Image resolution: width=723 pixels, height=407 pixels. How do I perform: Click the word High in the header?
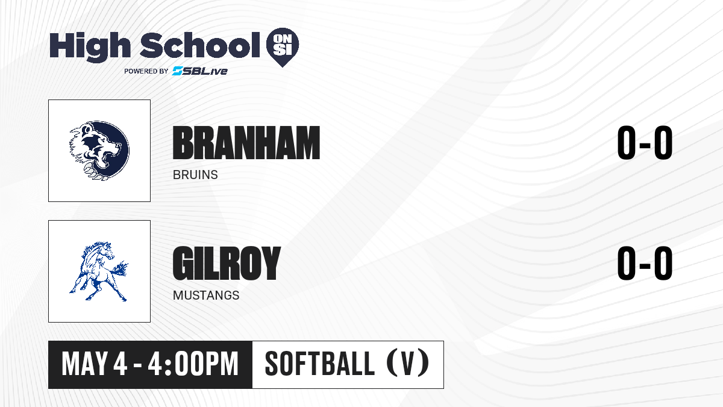90,46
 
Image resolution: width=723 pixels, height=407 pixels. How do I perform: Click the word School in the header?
200,45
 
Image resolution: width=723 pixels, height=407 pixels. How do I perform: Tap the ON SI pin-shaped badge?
283,47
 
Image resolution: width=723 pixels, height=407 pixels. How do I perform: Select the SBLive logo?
199,71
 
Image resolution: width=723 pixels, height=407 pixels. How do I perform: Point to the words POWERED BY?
146,71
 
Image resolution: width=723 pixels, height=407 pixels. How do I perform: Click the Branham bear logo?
99,151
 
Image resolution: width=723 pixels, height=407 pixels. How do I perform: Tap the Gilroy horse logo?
99,271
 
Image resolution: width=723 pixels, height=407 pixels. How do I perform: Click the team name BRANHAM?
246,143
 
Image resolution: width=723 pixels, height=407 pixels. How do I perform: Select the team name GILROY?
227,263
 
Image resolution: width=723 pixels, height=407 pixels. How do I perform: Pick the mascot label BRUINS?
195,175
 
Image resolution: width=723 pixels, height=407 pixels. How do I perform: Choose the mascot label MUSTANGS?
206,295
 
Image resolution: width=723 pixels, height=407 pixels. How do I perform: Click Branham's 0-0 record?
645,143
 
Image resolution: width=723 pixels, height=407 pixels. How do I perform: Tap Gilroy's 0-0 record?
645,263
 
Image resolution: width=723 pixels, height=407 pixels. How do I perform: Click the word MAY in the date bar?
84,364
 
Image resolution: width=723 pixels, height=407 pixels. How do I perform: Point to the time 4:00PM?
193,364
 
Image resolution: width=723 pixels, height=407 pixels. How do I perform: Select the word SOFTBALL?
319,364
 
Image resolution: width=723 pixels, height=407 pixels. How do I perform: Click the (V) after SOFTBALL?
408,364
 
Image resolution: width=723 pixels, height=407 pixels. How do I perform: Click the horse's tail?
119,269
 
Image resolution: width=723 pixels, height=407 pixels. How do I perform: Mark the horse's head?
105,251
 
